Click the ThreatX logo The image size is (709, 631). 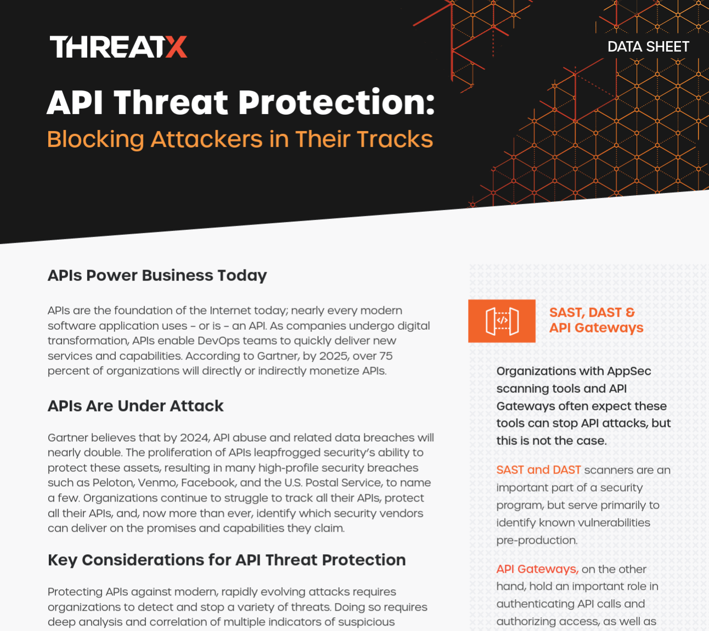point(119,47)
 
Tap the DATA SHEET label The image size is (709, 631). point(648,47)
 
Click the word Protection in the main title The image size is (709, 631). point(336,102)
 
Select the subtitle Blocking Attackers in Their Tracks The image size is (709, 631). point(240,139)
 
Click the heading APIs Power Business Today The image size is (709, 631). point(157,276)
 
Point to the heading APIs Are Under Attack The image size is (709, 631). point(136,406)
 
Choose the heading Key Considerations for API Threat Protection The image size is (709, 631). point(227,560)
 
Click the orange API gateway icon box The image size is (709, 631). point(502,321)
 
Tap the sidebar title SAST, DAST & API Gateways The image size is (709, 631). point(596,320)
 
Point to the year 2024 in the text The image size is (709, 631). point(194,437)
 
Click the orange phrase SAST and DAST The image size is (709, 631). point(538,470)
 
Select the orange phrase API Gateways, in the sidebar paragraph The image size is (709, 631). point(537,570)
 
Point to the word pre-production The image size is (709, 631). point(537,540)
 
